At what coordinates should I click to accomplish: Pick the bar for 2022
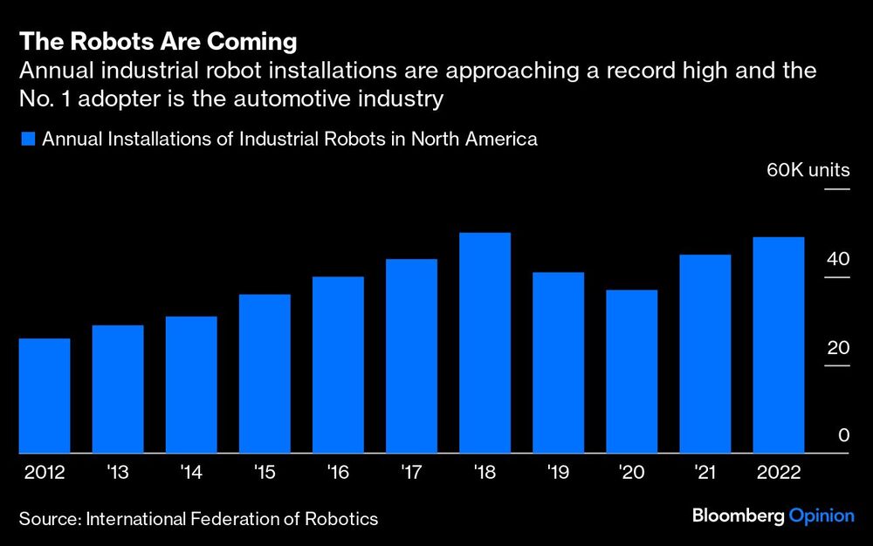[779, 345]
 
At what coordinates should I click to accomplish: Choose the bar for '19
[558, 363]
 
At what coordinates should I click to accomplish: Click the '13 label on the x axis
[118, 473]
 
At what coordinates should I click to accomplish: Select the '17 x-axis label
[411, 473]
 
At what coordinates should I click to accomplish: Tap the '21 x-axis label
[705, 473]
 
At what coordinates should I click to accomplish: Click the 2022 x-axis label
[778, 473]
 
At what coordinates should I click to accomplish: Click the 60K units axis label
[808, 170]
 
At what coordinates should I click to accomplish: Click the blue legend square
[27, 139]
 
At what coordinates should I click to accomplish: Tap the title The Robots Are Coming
[158, 41]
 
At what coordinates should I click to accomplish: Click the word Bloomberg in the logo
[738, 516]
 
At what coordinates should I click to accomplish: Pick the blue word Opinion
[821, 516]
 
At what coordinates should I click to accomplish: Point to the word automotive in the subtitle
[274, 99]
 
